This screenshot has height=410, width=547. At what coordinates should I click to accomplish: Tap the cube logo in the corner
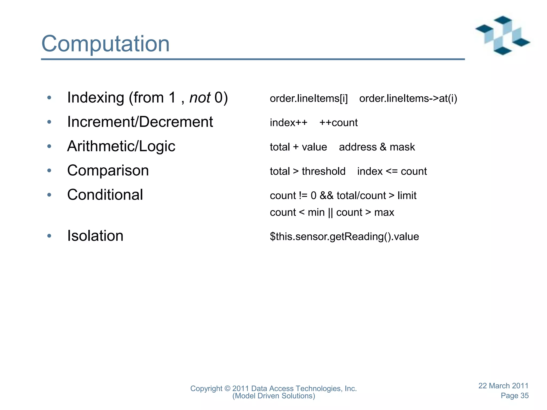point(502,35)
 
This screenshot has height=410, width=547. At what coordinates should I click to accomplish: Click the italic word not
point(200,97)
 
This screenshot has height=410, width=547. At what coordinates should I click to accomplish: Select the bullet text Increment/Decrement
point(140,122)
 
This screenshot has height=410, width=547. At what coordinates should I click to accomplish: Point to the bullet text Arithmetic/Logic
point(121,146)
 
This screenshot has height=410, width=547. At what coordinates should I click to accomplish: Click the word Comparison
point(108,171)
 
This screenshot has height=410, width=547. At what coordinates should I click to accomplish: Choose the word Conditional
point(105,195)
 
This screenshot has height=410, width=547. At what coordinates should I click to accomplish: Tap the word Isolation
point(95,236)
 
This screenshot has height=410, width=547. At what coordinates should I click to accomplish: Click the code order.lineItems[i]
point(309,98)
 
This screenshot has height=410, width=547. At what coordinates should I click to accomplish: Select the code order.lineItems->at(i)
point(408,98)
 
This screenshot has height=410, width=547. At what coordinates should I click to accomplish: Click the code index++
point(288,123)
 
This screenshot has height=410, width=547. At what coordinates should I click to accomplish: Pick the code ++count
point(338,123)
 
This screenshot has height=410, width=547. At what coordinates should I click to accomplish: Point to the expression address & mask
point(377,147)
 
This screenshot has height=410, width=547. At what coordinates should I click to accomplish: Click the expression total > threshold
point(307,171)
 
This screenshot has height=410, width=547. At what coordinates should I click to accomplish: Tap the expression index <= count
point(392,171)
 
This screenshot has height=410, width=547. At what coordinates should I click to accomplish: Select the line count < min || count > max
point(332,212)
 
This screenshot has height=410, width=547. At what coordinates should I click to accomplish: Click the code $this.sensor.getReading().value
point(344,237)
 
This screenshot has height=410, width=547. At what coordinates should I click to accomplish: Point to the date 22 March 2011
point(503,386)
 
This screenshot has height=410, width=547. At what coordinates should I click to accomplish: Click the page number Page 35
point(514,396)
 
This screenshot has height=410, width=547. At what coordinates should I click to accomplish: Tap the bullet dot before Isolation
point(49,236)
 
